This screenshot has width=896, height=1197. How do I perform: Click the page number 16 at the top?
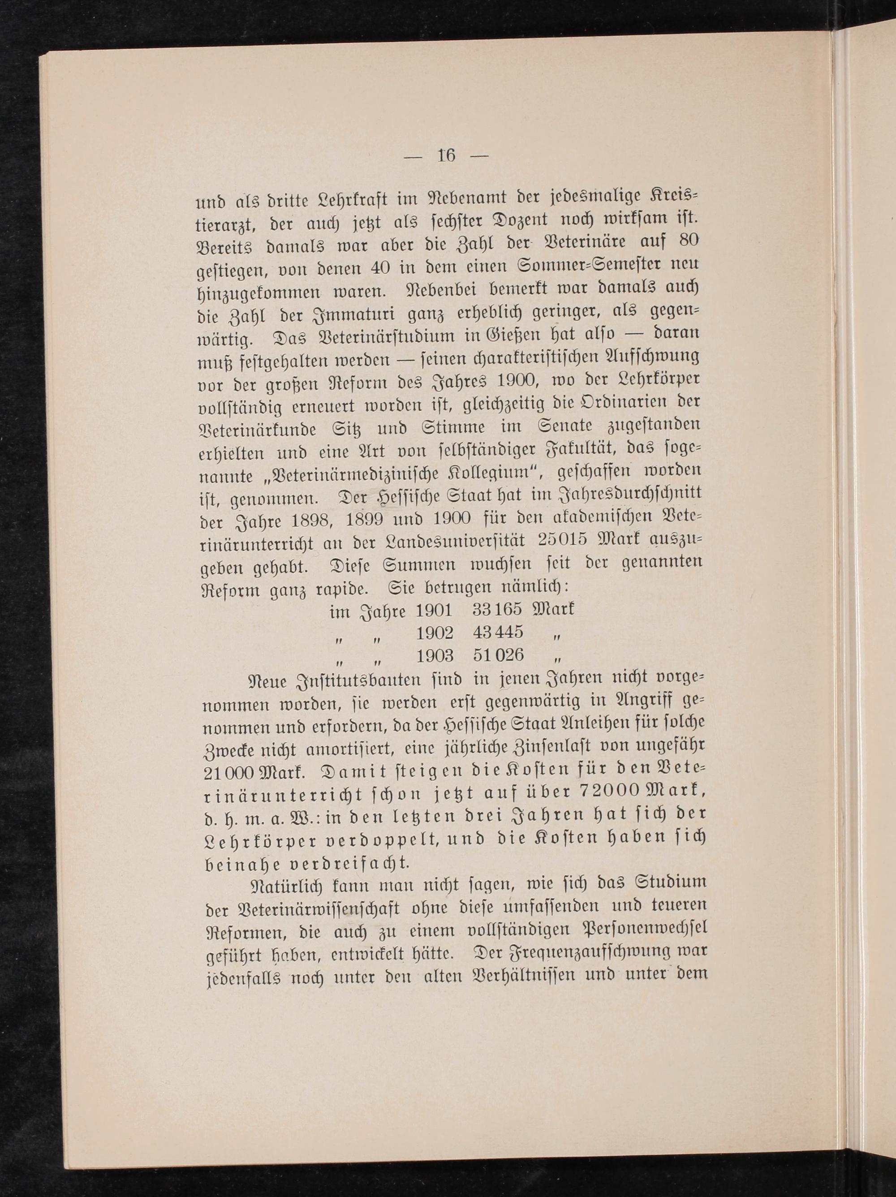tap(447, 156)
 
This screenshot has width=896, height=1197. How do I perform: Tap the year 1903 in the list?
tap(435, 655)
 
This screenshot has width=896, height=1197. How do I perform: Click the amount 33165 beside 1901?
tap(497, 610)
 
